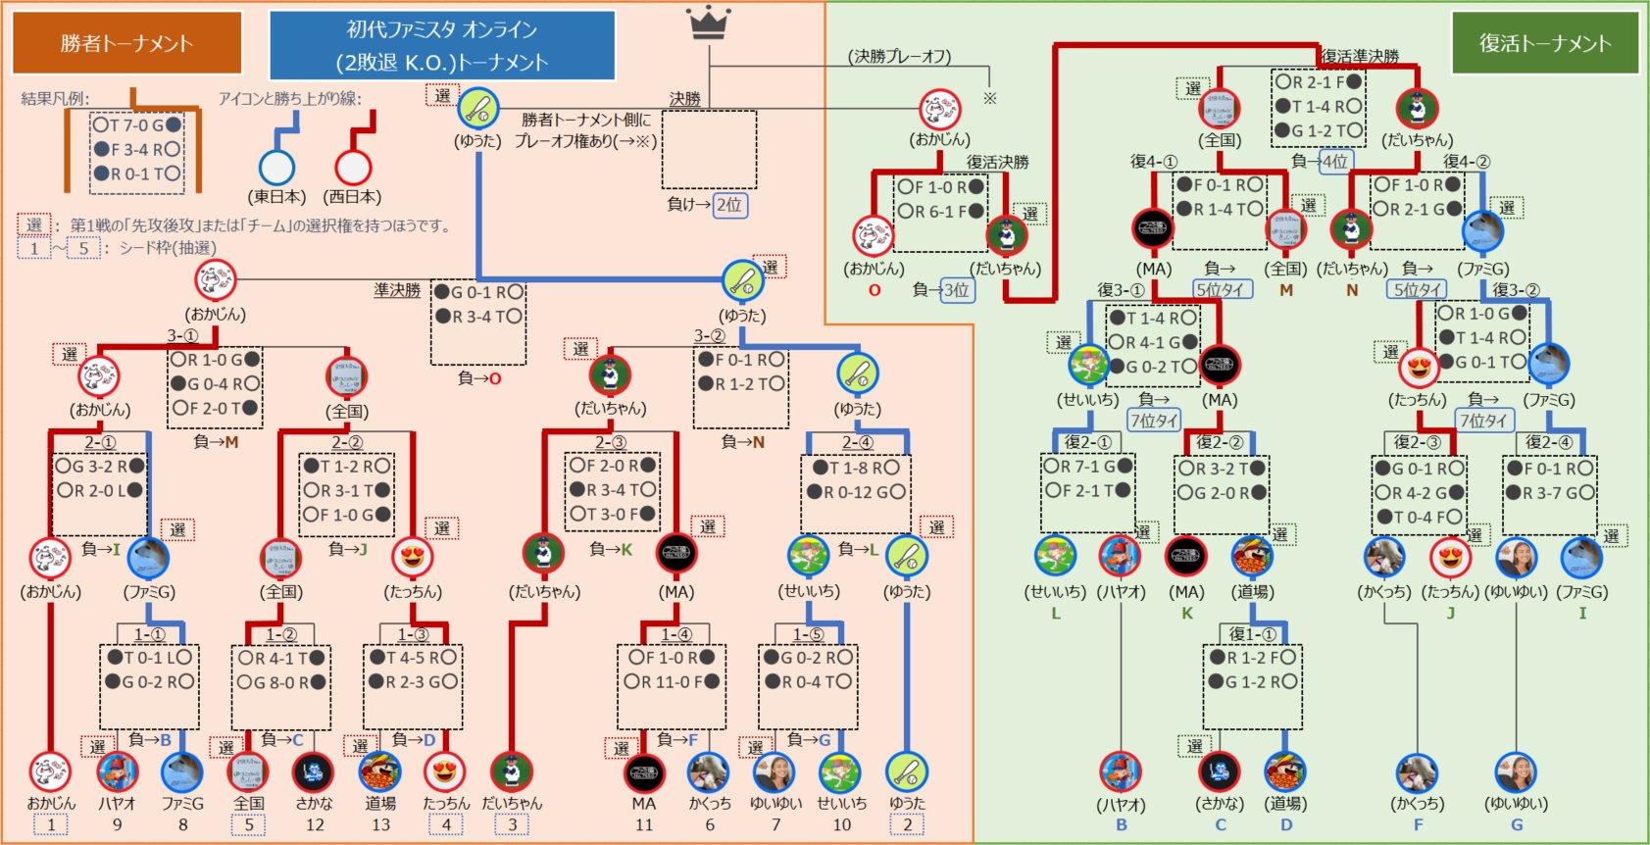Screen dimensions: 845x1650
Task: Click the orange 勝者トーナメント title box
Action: (x=126, y=43)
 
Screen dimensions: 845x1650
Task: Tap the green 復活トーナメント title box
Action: (x=1544, y=43)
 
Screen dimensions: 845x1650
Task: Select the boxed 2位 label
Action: (x=728, y=205)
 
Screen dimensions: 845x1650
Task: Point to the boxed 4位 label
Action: (x=1334, y=161)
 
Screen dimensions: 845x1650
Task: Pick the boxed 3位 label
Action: (x=956, y=289)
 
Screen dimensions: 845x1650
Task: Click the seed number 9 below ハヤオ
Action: (x=117, y=824)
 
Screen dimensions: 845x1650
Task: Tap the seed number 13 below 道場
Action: (x=380, y=824)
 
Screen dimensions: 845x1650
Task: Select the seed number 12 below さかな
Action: (x=314, y=824)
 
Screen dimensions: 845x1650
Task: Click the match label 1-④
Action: (x=675, y=634)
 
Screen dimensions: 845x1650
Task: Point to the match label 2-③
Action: (x=611, y=442)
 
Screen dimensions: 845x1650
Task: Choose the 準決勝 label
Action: (x=397, y=290)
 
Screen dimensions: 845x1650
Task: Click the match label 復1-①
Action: (x=1253, y=634)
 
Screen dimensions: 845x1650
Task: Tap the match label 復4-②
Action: (x=1467, y=161)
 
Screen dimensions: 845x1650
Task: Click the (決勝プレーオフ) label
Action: (x=899, y=57)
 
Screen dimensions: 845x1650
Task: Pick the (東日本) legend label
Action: (x=276, y=196)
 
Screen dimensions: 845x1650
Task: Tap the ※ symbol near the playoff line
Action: (x=990, y=98)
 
